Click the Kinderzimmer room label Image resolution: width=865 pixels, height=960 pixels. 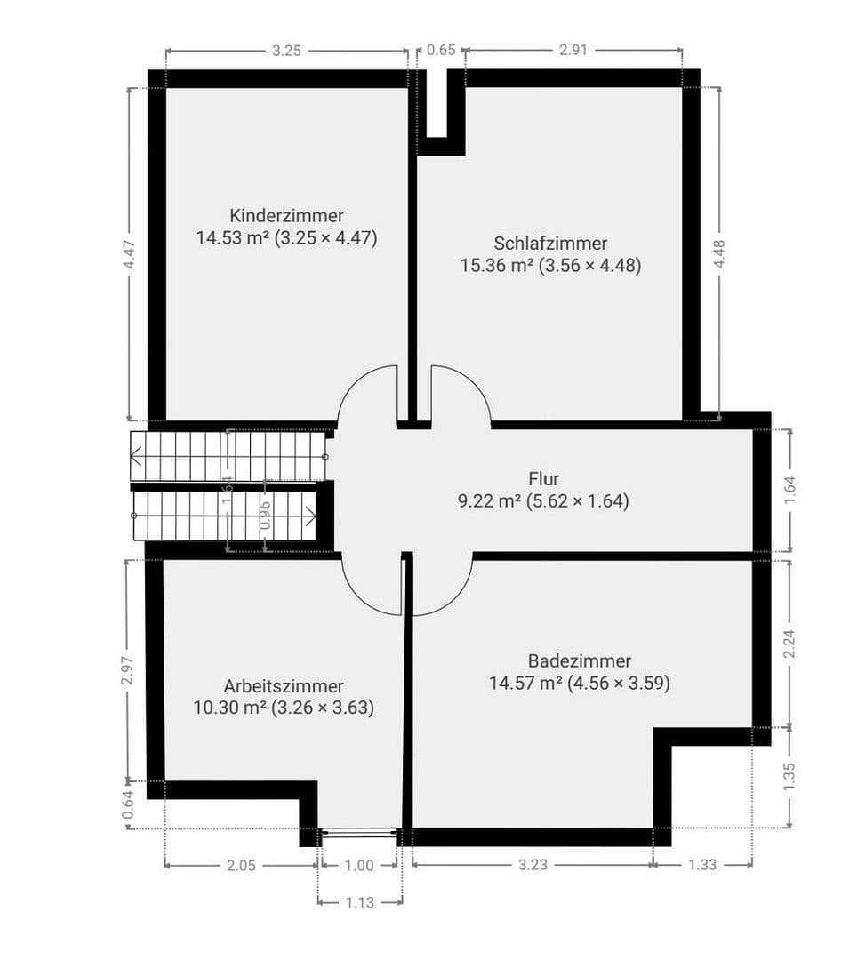click(x=286, y=215)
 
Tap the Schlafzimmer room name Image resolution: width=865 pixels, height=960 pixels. click(x=550, y=243)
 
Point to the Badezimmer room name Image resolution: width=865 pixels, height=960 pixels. click(x=579, y=661)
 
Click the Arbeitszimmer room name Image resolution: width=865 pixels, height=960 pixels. click(x=284, y=686)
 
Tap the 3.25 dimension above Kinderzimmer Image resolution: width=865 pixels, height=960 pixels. click(x=286, y=51)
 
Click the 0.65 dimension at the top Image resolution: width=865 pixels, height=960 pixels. click(x=441, y=51)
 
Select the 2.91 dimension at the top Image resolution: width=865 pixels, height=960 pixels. click(x=573, y=51)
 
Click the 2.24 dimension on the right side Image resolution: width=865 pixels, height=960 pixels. click(x=789, y=644)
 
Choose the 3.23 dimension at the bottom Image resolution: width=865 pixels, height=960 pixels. click(x=532, y=864)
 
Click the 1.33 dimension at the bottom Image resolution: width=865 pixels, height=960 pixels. click(x=702, y=864)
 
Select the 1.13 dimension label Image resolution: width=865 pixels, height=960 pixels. click(x=360, y=902)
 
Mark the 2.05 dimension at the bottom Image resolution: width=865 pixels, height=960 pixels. click(x=241, y=864)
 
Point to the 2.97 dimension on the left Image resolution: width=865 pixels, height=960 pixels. click(x=127, y=670)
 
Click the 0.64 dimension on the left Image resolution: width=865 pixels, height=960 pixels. click(x=127, y=804)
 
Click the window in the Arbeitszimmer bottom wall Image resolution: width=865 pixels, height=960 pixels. click(x=359, y=833)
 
